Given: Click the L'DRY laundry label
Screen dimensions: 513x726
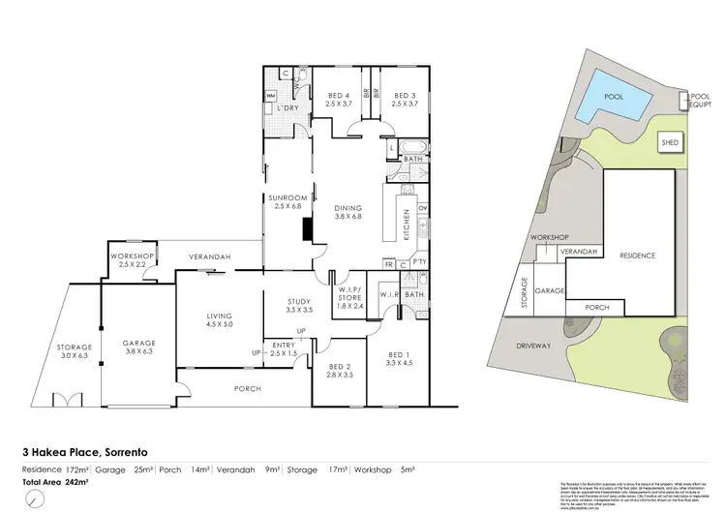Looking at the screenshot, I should pyautogui.click(x=286, y=107).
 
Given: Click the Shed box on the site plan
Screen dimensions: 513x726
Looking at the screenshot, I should pyautogui.click(x=669, y=142).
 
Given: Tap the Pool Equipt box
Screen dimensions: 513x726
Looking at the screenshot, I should pyautogui.click(x=700, y=101).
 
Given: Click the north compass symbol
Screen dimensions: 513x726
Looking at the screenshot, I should pyautogui.click(x=37, y=500).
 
